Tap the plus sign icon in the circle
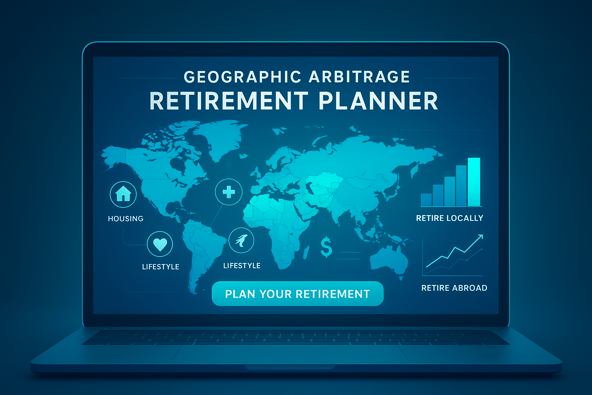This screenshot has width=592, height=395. [x=229, y=192]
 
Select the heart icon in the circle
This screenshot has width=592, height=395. [x=160, y=244]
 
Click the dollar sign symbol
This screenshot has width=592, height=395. [x=326, y=247]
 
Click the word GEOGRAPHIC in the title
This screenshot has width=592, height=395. [x=242, y=77]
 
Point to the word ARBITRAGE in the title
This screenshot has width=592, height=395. [x=360, y=77]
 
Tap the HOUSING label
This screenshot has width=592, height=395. [x=126, y=219]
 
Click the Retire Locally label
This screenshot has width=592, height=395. [x=449, y=218]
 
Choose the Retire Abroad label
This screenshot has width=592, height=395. [x=454, y=288]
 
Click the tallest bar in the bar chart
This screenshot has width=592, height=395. [x=474, y=182]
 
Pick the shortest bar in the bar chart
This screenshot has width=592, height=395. [x=426, y=200]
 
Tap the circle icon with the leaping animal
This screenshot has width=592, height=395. [x=241, y=240]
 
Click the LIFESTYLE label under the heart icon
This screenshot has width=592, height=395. [x=161, y=267]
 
